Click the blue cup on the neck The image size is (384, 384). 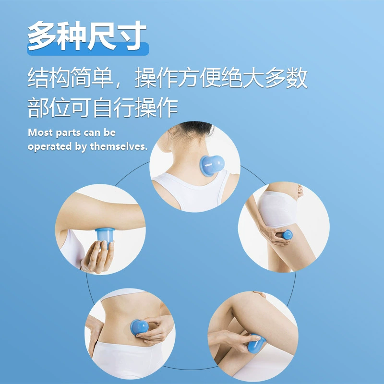[212, 165]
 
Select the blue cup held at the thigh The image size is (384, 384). [287, 235]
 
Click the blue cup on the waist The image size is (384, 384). [139, 327]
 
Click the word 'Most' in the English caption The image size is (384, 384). [40, 132]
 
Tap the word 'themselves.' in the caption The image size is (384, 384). [119, 146]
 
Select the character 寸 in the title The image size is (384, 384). [132, 36]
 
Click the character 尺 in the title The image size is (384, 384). [102, 36]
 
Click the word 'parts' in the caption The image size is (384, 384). [65, 133]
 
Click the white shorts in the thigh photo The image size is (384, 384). [277, 209]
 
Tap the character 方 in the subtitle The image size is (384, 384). [189, 78]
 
